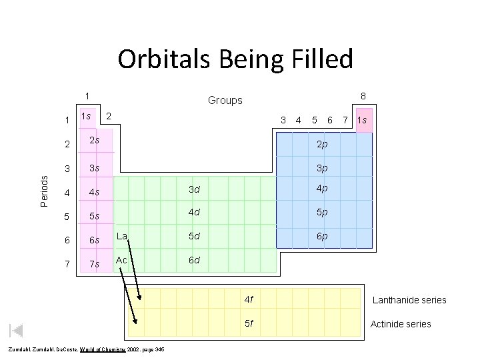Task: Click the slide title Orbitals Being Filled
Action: pyautogui.click(x=235, y=59)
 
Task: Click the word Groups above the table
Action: pyautogui.click(x=225, y=101)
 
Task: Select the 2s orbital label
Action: pyautogui.click(x=95, y=140)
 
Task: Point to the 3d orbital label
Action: pyautogui.click(x=195, y=189)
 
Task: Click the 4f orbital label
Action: pyautogui.click(x=249, y=299)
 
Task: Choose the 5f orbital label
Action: pyautogui.click(x=249, y=324)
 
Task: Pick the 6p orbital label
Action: pyautogui.click(x=321, y=236)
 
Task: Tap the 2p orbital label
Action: pyautogui.click(x=321, y=144)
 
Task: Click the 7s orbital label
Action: pyautogui.click(x=95, y=264)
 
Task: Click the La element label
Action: pyautogui.click(x=122, y=235)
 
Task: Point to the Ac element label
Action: pyautogui.click(x=121, y=259)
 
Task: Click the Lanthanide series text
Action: pyautogui.click(x=409, y=300)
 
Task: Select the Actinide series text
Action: pyautogui.click(x=401, y=324)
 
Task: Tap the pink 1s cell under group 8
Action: pyautogui.click(x=363, y=121)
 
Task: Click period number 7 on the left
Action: pyautogui.click(x=67, y=265)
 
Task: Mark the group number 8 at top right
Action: pyautogui.click(x=363, y=96)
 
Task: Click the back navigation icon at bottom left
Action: pyautogui.click(x=17, y=330)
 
